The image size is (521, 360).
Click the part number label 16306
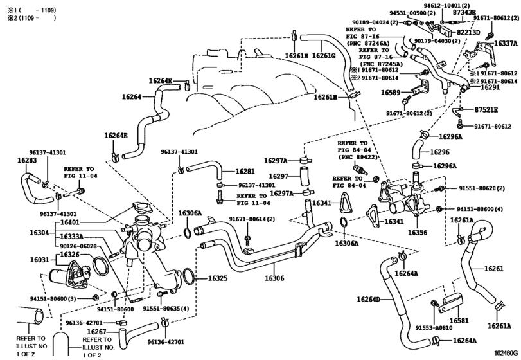pos(274,278)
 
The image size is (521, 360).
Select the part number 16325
pos(218,278)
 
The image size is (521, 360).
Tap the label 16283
pos(27,160)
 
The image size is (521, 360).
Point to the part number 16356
pos(418,233)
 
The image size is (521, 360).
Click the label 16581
pos(459,320)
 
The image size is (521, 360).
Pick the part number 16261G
pos(324,55)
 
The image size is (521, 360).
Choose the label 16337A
pos(506,44)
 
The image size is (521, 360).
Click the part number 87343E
pos(464,12)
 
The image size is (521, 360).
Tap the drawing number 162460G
pos(506,353)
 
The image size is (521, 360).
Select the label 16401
pos(70,222)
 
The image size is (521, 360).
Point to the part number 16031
pos(40,260)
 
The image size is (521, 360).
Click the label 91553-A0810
pos(434,328)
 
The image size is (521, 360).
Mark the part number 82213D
pos(468,32)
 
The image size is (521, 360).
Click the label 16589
pos(391,93)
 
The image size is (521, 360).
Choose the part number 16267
pos(97,332)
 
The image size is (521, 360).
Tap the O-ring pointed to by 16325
pos(188,276)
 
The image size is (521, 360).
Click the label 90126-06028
pos(78,246)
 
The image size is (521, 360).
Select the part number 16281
pos(245,172)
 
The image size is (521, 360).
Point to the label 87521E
pos(486,110)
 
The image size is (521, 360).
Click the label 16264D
pos(369,299)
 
